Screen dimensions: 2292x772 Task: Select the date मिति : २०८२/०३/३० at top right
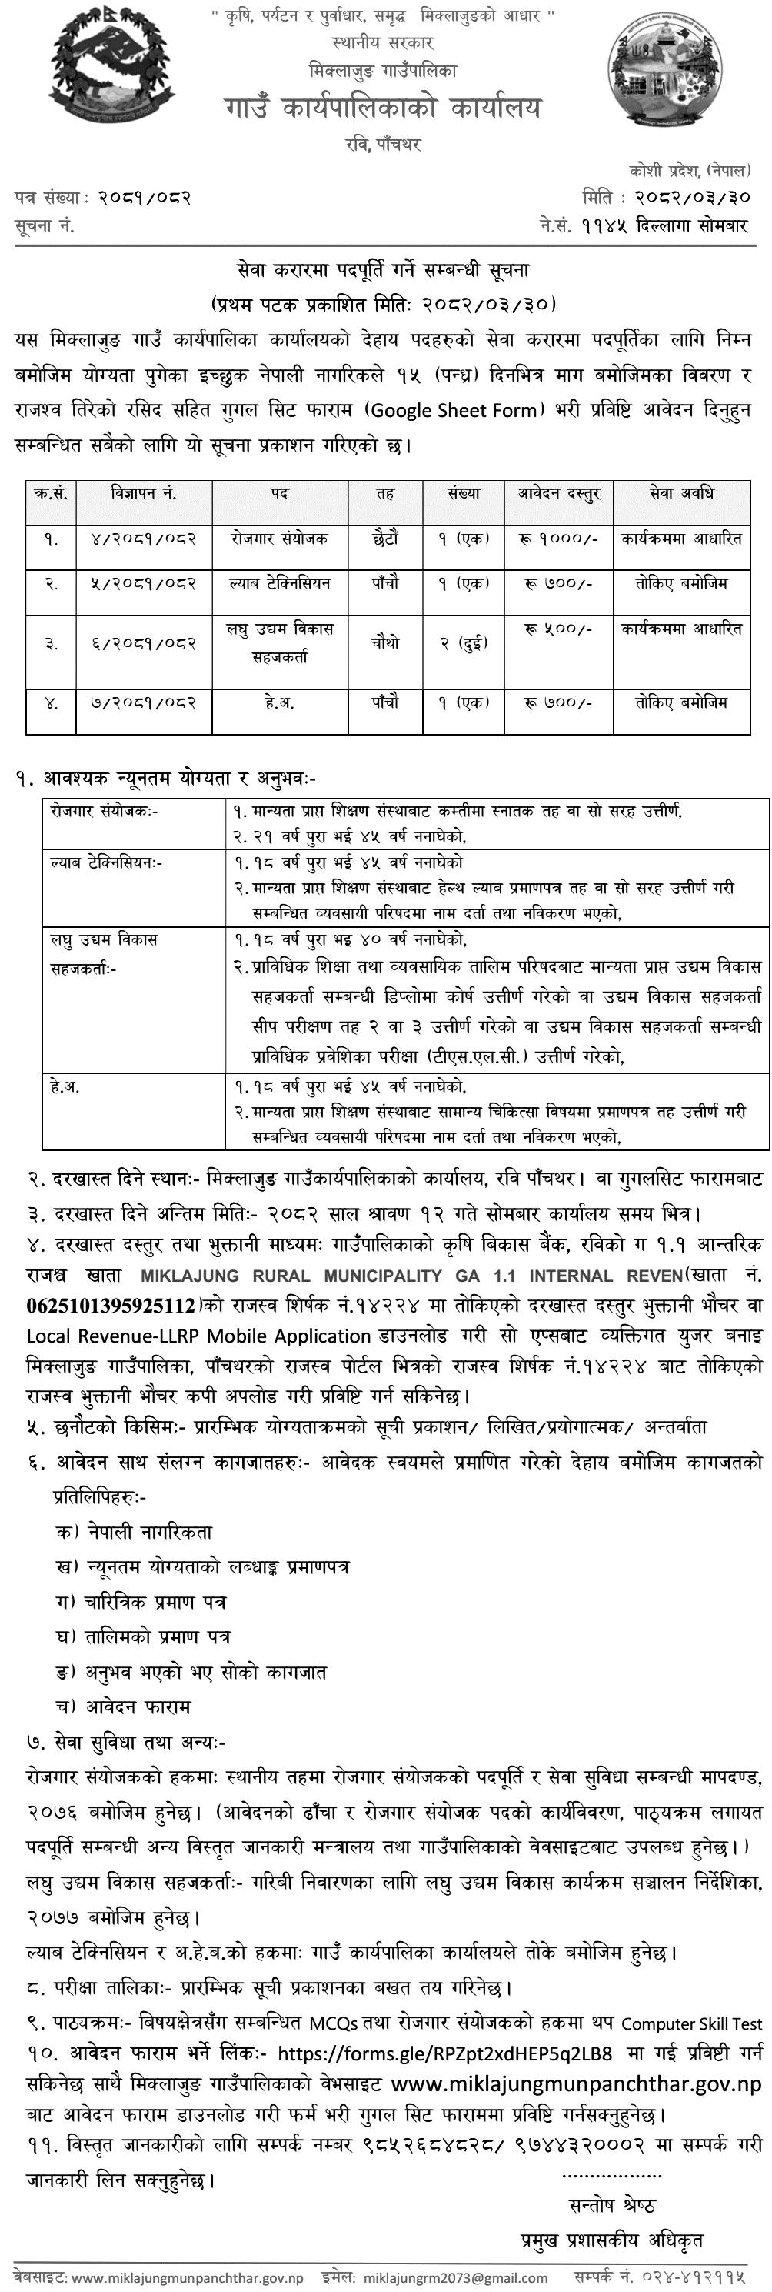pyautogui.click(x=666, y=197)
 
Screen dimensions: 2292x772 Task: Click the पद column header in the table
pyautogui.click(x=280, y=493)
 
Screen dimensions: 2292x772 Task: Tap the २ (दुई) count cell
pyautogui.click(x=464, y=642)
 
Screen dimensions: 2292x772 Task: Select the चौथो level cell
pyautogui.click(x=385, y=642)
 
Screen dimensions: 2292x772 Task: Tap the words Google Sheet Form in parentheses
pyautogui.click(x=454, y=410)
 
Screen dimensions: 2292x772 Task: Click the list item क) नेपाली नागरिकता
pyautogui.click(x=134, y=1531)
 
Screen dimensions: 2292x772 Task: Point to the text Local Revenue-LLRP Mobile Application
pyautogui.click(x=198, y=1336)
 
